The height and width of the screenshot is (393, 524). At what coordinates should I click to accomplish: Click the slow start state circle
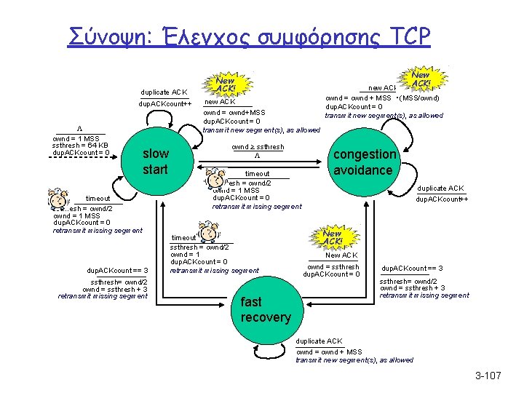[x=155, y=162]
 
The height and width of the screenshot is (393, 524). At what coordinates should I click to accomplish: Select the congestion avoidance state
[x=364, y=162]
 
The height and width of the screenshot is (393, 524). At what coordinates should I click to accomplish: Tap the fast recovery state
[x=265, y=309]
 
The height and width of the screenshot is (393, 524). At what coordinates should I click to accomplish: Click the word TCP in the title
[x=405, y=36]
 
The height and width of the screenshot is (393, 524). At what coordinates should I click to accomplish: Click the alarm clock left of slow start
[x=57, y=199]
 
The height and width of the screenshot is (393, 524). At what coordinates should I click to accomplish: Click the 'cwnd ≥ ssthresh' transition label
[x=258, y=147]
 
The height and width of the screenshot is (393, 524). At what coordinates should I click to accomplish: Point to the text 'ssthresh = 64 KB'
[x=81, y=146]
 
